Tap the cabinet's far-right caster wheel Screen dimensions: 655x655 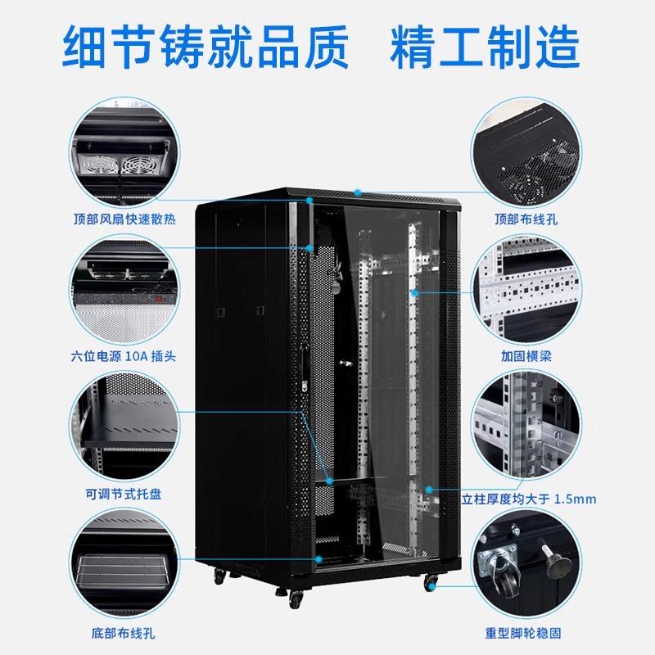coord(431,582)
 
